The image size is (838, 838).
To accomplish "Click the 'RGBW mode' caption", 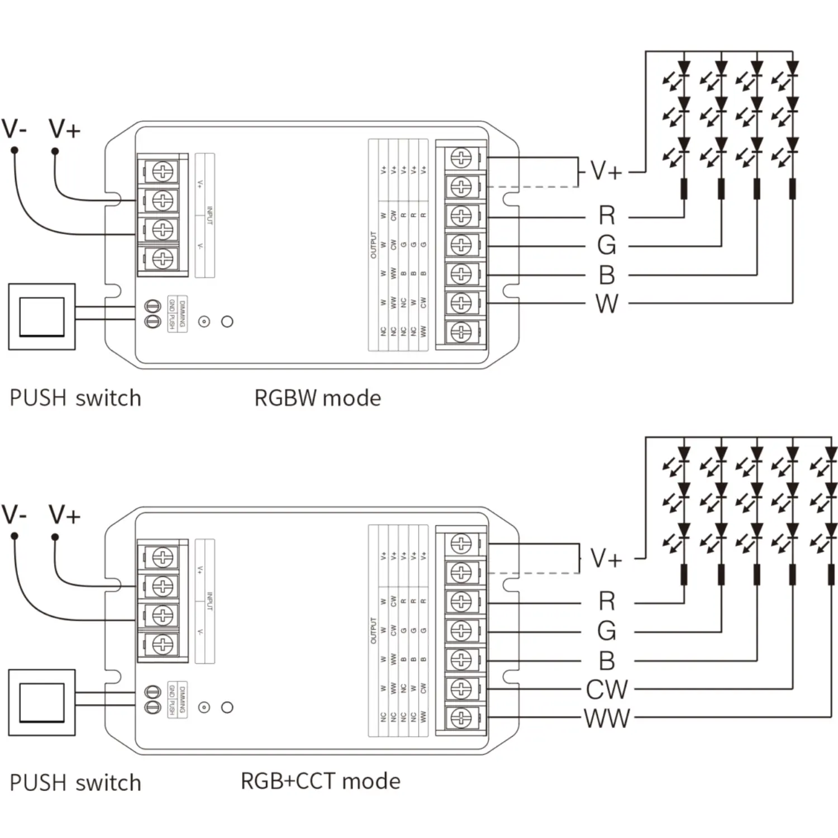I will [317, 398].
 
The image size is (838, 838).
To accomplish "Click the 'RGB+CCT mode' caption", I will [320, 781].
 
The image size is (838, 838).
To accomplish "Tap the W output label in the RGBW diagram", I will [607, 304].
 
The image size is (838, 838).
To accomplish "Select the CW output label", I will [607, 689].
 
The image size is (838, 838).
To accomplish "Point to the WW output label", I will [607, 718].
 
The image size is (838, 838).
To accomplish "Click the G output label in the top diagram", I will [607, 245].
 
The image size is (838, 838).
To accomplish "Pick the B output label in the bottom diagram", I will [607, 660].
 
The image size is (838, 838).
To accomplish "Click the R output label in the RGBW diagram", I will [607, 216].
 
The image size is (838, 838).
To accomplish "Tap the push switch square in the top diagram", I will [42, 317].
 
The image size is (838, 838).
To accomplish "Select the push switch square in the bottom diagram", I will [42, 703].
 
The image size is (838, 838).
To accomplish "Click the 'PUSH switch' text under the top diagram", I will [75, 398].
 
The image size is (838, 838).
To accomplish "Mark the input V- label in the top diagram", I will [14, 129].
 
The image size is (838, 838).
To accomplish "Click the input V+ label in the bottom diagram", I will [64, 515].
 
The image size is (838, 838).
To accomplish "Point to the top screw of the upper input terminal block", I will [163, 171].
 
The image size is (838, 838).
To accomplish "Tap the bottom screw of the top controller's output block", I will [461, 332].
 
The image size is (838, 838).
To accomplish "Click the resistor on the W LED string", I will [792, 189].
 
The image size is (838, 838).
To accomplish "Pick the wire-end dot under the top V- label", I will [15, 150].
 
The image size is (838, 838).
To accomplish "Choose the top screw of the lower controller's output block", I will [461, 543].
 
